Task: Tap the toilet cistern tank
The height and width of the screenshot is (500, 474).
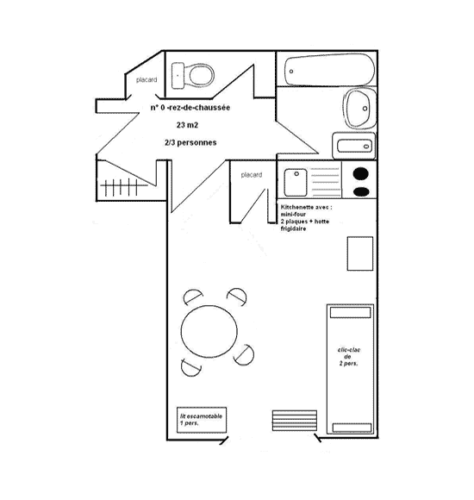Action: click(178, 76)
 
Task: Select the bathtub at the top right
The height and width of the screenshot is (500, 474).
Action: click(329, 70)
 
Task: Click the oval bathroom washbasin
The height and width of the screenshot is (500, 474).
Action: click(360, 109)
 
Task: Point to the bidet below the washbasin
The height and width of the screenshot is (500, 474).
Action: click(354, 146)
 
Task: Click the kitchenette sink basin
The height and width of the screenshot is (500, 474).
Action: click(296, 183)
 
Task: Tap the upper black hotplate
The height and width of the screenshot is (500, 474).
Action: click(361, 174)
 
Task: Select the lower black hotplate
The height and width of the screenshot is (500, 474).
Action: click(361, 191)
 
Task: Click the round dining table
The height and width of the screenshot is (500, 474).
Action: click(209, 331)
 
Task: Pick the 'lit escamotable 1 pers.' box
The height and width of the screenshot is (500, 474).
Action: click(202, 420)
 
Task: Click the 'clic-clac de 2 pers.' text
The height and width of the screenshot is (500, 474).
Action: click(348, 357)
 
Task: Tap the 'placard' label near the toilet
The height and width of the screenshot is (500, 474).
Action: click(147, 79)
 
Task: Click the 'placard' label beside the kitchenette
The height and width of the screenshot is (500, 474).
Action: click(252, 175)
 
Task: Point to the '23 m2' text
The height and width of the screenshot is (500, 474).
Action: click(187, 125)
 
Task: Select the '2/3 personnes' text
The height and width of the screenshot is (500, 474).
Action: click(190, 142)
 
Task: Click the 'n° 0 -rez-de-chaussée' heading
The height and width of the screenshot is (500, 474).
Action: click(190, 108)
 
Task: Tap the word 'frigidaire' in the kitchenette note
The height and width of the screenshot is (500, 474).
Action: click(293, 228)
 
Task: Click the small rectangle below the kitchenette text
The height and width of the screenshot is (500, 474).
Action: click(360, 253)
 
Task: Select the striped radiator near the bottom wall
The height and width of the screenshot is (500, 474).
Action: click(295, 421)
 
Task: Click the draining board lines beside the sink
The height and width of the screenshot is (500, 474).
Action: click(325, 182)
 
